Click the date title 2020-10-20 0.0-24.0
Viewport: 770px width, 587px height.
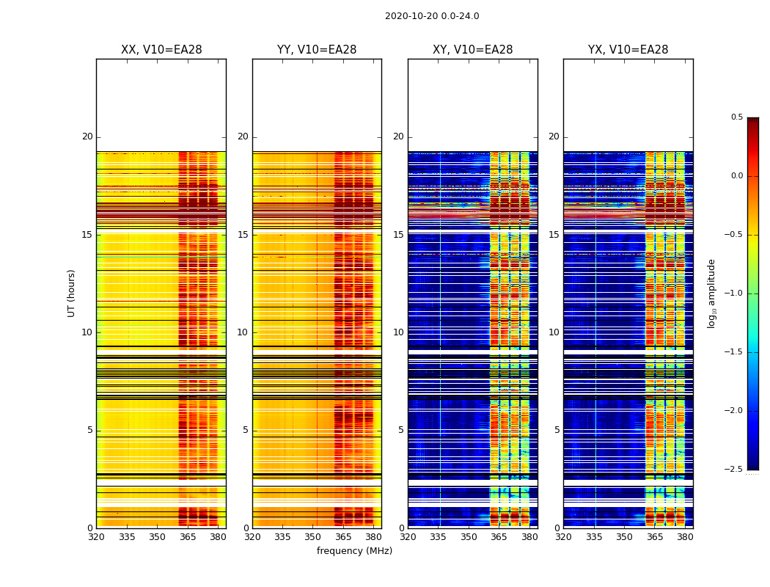tap(432, 16)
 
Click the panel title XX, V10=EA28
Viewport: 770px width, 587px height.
tap(161, 50)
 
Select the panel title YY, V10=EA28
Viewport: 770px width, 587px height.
tap(317, 50)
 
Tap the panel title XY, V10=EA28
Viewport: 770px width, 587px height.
tap(473, 50)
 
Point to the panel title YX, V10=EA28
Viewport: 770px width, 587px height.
tap(628, 50)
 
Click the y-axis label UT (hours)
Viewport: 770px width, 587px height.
tap(71, 293)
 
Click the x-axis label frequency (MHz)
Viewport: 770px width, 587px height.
tap(354, 551)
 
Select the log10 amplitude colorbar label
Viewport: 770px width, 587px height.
tap(711, 293)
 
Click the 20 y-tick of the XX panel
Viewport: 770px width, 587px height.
tap(87, 136)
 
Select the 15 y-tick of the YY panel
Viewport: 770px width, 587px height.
tap(243, 235)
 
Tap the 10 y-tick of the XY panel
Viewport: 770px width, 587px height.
tap(398, 332)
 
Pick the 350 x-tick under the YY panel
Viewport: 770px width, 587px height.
tap(313, 536)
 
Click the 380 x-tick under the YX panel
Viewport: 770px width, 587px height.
tap(685, 536)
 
